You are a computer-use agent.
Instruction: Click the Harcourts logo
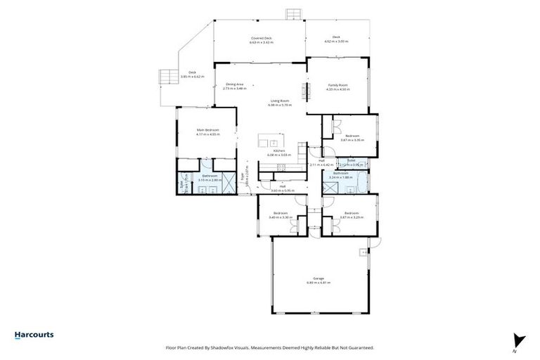coord(34,335)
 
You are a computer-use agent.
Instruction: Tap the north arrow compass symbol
coord(519,340)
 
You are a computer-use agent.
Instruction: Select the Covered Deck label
coord(261,40)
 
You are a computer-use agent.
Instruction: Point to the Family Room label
coord(337,87)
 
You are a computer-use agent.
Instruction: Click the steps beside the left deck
coord(168,76)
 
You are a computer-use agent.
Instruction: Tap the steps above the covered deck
coord(293,14)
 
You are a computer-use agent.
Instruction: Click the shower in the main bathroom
coord(188,180)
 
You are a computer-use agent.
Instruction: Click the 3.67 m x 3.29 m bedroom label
coord(352,214)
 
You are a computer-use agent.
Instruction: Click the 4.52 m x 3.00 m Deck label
coord(336,40)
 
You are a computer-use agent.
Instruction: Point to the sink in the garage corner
coord(364,252)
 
